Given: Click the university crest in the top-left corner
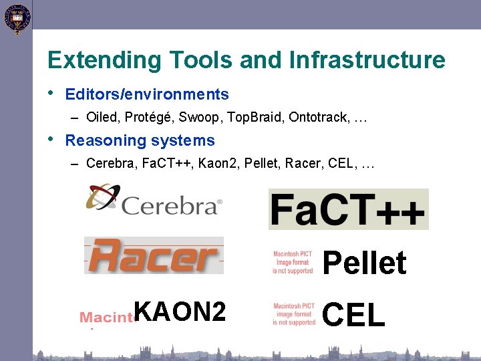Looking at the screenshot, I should [x=17, y=18].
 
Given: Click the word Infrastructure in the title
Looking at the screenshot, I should [x=367, y=60].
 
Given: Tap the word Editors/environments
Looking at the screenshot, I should [x=147, y=95].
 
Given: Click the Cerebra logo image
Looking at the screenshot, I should [x=154, y=200].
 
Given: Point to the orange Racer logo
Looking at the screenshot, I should [x=154, y=255].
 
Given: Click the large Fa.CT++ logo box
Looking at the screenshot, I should [x=348, y=209].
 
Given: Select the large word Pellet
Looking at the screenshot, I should [x=364, y=263].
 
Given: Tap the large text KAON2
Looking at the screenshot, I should [x=180, y=312].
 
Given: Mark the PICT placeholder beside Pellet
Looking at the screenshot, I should [x=293, y=262].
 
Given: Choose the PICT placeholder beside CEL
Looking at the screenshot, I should [x=293, y=314].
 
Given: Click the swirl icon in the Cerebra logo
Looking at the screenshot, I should [x=102, y=197].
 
